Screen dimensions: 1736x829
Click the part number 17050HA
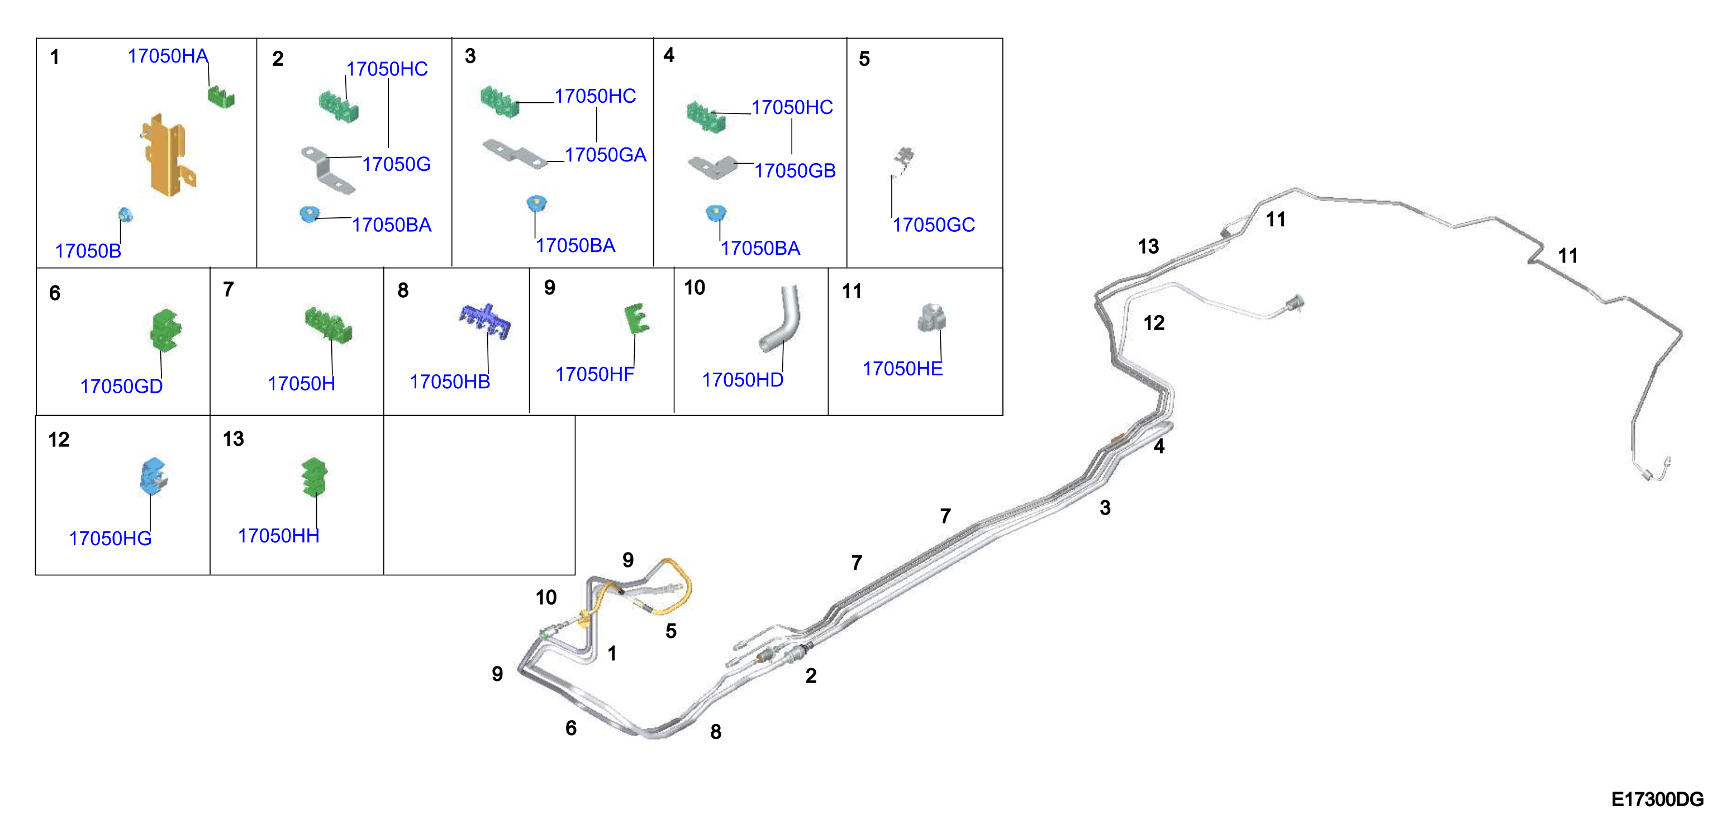tap(168, 56)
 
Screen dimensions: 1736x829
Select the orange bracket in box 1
tap(167, 155)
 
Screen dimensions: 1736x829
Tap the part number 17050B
tap(88, 251)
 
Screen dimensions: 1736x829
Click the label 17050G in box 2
tap(396, 164)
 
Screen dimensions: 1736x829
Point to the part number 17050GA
tap(605, 155)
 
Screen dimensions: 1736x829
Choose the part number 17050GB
tap(795, 170)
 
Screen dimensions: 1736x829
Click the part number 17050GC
tap(933, 225)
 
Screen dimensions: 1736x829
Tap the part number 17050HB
tap(449, 382)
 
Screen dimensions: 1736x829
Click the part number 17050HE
tap(902, 369)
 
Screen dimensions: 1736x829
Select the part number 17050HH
tap(278, 536)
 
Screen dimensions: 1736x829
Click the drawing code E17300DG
tap(1657, 799)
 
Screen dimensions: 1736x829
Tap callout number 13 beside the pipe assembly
tap(1148, 246)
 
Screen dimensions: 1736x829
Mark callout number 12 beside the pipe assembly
tap(1154, 323)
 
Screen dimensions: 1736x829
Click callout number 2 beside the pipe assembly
tap(811, 675)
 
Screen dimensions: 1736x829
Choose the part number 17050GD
tap(121, 386)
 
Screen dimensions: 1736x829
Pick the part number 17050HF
tap(594, 374)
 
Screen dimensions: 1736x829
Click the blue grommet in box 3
tap(536, 203)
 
